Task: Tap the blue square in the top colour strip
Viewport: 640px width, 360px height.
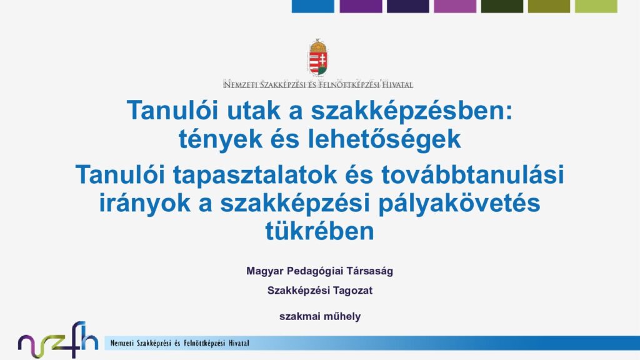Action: (313, 6)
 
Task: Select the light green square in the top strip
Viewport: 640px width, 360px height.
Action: (596, 6)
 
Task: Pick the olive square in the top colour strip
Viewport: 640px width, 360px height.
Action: (549, 6)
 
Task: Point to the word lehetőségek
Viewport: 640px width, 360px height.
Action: (384, 139)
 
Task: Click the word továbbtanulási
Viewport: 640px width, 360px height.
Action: (472, 174)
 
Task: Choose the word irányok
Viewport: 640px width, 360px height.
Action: (145, 204)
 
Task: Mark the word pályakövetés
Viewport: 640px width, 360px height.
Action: (459, 204)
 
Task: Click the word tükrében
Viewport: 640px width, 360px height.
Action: (319, 231)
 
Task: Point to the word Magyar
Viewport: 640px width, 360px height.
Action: (265, 271)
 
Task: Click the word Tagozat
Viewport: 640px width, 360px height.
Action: (352, 291)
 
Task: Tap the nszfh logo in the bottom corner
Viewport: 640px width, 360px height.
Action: (58, 339)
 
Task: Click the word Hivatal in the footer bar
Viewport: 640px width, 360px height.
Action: (239, 343)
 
